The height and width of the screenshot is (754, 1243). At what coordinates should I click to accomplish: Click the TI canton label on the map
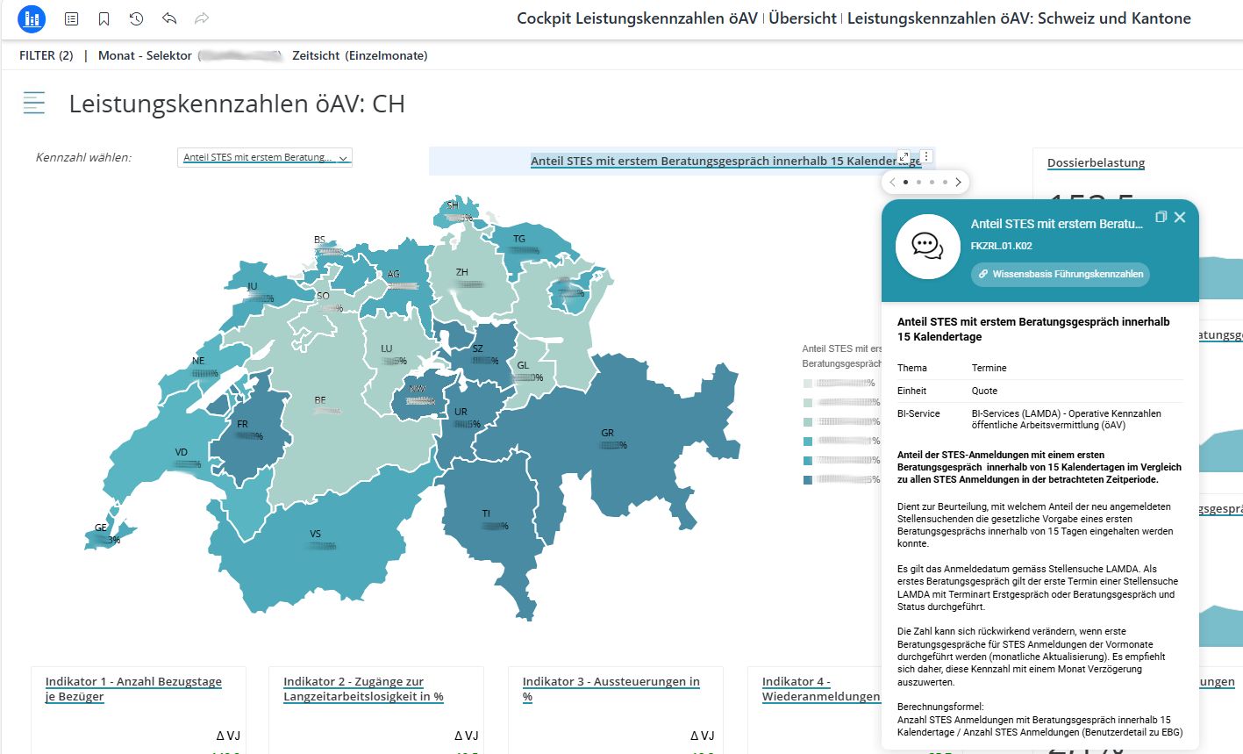tap(486, 513)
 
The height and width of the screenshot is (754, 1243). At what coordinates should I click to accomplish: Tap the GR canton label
tap(607, 433)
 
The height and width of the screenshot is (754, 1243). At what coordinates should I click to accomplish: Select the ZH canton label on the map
tap(461, 272)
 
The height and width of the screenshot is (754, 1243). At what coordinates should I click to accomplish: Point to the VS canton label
tap(315, 534)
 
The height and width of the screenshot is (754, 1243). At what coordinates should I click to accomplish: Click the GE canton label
tap(101, 528)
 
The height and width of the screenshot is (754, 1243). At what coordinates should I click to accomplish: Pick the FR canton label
tap(242, 424)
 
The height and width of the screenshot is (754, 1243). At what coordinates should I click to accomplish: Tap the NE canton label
tap(198, 361)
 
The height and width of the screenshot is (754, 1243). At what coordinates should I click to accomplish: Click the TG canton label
tap(519, 239)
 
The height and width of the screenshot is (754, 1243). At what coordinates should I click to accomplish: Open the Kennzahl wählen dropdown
tap(264, 157)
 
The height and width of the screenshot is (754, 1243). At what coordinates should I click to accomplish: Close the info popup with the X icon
tap(1180, 217)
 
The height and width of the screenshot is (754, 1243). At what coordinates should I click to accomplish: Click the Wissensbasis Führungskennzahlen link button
tap(1060, 274)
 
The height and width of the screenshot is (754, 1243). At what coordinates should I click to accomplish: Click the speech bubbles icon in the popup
tap(927, 247)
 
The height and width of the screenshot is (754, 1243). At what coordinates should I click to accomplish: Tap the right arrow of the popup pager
tap(958, 183)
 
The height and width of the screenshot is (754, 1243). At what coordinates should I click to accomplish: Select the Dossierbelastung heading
tap(1096, 162)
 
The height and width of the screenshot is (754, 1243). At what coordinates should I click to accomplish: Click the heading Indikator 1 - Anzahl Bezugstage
tap(133, 682)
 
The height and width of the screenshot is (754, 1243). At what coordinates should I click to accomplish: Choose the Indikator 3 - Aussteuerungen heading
tap(611, 682)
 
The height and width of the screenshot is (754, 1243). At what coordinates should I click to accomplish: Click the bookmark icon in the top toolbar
tap(104, 18)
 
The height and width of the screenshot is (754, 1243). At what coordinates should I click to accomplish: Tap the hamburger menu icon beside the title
tap(34, 103)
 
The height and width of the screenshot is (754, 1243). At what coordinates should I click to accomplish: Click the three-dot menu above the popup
tap(926, 157)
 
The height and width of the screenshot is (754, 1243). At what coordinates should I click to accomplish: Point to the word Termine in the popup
tap(989, 368)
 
